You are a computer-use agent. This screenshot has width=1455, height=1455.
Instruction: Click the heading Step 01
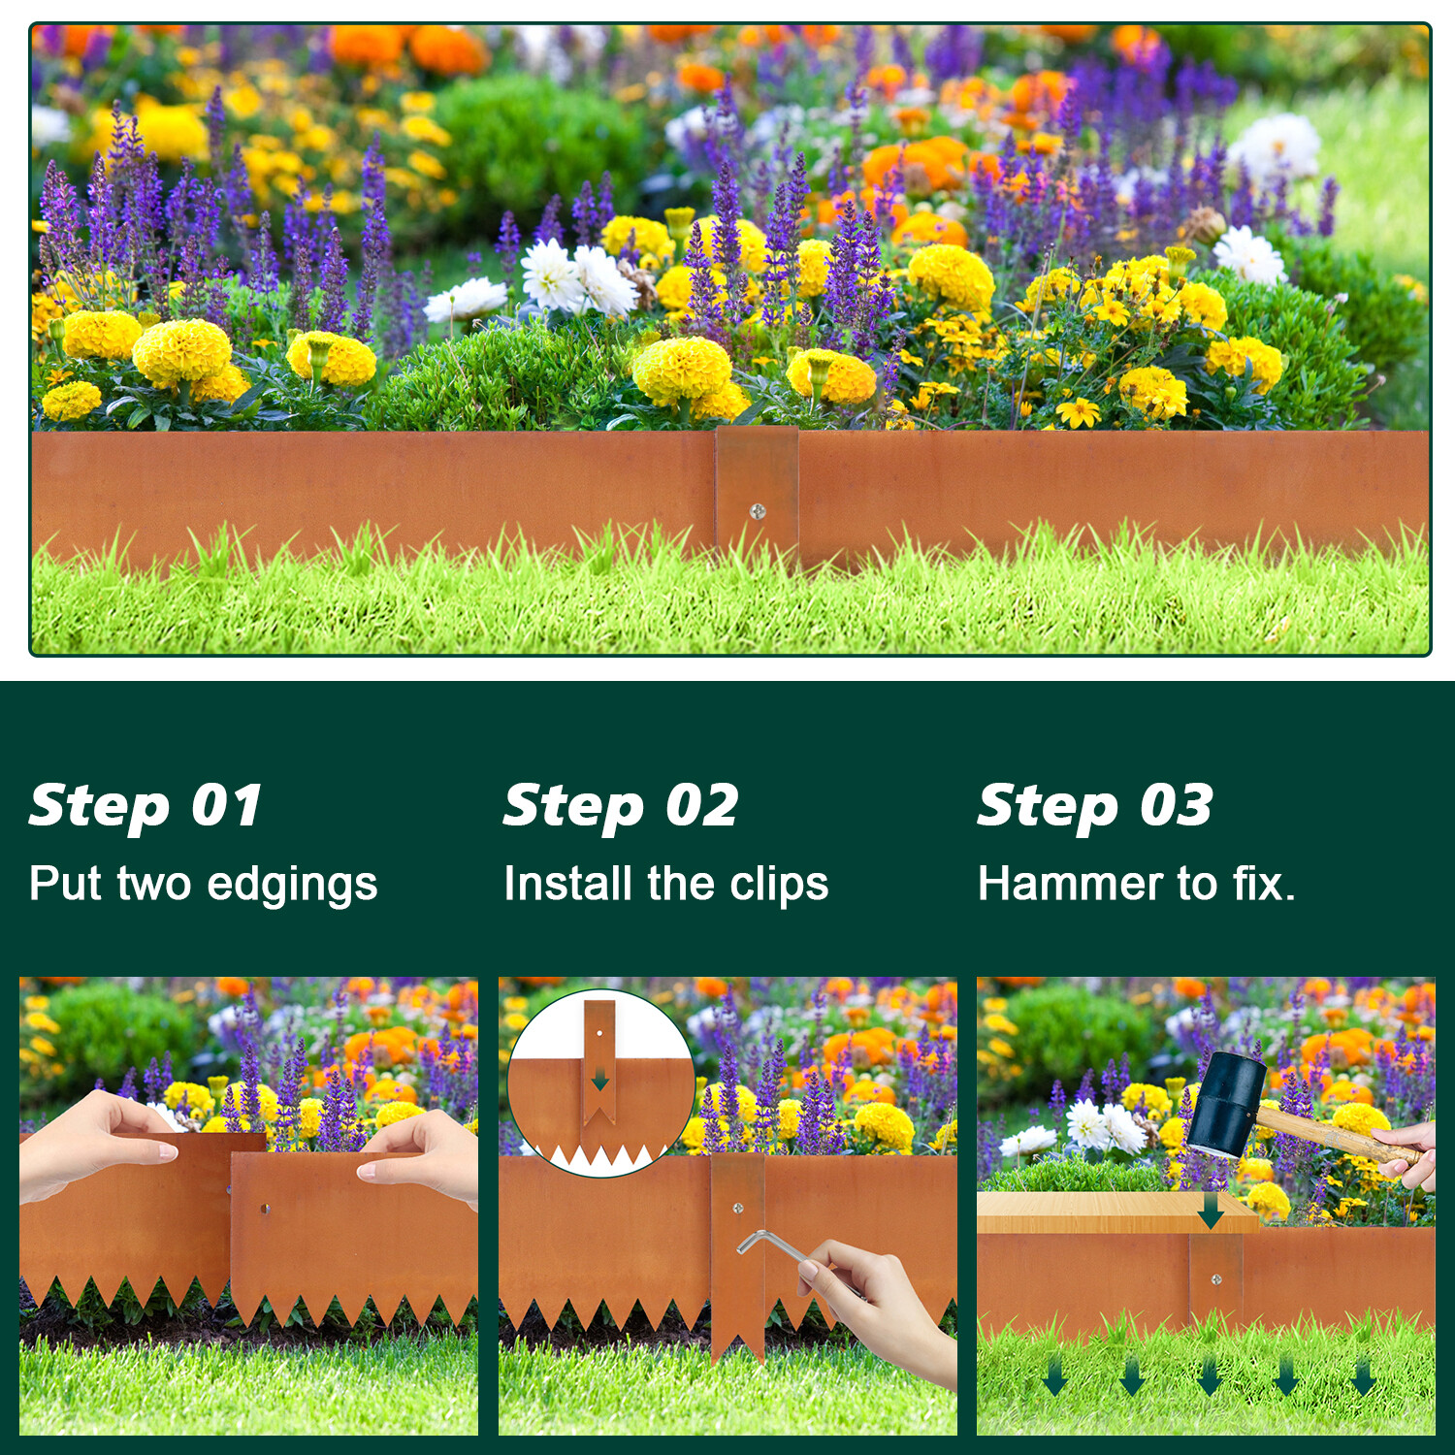[x=145, y=806]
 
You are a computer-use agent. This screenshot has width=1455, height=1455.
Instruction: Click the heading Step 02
[x=621, y=806]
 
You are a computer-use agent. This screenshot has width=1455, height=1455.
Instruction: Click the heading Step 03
[x=1095, y=806]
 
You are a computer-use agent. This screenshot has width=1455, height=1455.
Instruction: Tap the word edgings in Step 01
[x=292, y=885]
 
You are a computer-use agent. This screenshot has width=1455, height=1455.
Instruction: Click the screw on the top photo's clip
[x=758, y=511]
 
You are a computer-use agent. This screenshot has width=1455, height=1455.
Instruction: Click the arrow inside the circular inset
[x=600, y=1079]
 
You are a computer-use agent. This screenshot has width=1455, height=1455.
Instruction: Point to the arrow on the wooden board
[x=1211, y=1211]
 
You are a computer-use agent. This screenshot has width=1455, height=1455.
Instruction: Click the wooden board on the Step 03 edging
[x=1086, y=1212]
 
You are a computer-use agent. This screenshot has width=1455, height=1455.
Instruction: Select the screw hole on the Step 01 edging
[x=265, y=1209]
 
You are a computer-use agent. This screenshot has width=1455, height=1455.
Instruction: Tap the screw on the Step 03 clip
[x=1216, y=1280]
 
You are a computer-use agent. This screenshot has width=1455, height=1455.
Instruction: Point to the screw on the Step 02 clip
[x=738, y=1209]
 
